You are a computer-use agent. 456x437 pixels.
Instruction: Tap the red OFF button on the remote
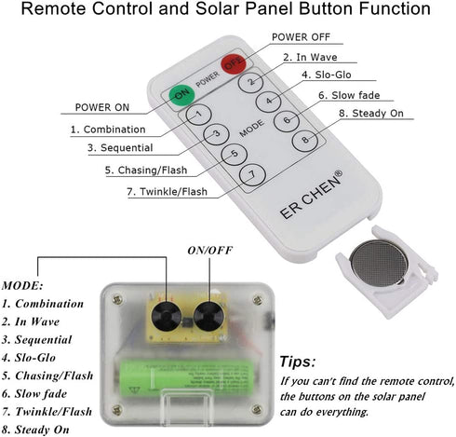coord(234,63)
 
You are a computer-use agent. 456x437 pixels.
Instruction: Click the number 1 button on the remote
coord(198,115)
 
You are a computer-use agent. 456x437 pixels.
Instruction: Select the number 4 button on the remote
coord(269,101)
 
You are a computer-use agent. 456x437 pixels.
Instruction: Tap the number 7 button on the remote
coord(253,175)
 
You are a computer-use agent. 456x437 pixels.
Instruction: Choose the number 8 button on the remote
coord(305,140)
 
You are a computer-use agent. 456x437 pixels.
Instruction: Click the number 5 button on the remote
coord(235,154)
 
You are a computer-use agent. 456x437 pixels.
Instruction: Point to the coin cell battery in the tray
coord(379,264)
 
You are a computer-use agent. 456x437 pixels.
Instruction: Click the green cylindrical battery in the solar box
coord(187,377)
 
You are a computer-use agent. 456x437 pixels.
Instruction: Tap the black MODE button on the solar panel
coord(167,317)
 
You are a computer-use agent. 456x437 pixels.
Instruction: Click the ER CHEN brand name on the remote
coord(311,195)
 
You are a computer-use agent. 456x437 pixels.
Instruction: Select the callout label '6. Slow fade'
coord(349,95)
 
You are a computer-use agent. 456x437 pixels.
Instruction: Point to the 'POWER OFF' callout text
coord(301,37)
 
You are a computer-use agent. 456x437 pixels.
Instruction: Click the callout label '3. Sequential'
coord(120,148)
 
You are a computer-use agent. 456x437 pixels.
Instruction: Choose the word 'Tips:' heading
coord(298,362)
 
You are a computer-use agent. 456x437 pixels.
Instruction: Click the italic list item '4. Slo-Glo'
coord(29,358)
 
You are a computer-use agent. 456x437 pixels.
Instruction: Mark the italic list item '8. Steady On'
coord(35,430)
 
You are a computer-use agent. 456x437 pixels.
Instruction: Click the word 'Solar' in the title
coord(218,8)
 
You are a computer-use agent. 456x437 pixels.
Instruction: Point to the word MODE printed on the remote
coord(252,129)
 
